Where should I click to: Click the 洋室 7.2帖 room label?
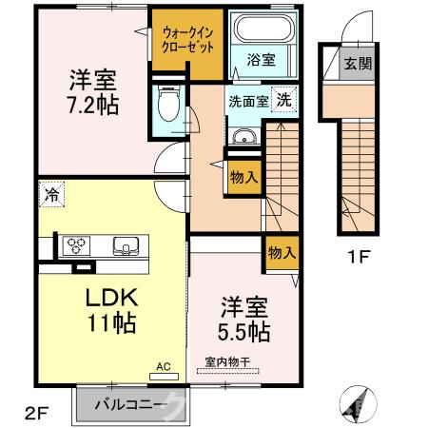(x=93, y=91)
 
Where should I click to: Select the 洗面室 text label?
(x=245, y=98)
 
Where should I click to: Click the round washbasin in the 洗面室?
(x=243, y=137)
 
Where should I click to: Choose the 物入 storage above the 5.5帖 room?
(x=281, y=252)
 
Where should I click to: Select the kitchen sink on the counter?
(x=126, y=246)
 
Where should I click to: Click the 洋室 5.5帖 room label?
(x=244, y=320)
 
